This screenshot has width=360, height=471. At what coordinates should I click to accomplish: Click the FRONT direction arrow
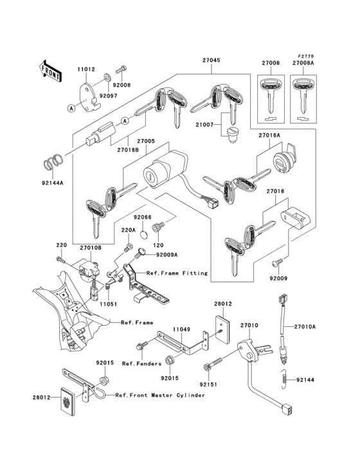[x=51, y=69]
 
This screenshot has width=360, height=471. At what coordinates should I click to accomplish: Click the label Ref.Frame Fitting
[x=177, y=273]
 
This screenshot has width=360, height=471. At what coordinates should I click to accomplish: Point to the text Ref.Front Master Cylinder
[x=159, y=395]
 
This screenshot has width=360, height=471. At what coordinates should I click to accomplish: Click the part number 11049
[x=181, y=329]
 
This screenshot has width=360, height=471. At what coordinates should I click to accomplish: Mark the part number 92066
[x=142, y=217]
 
